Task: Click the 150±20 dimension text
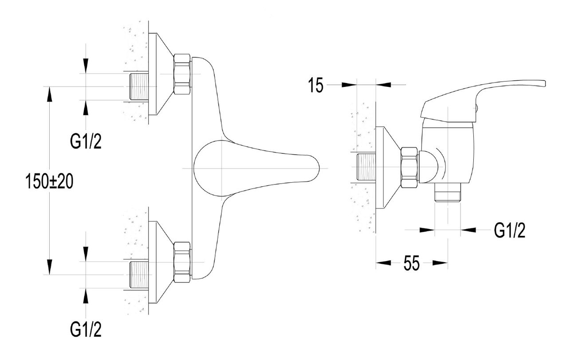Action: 49,181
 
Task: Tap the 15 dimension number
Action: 316,85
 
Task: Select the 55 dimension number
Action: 412,263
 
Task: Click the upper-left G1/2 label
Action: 86,141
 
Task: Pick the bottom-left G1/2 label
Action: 86,329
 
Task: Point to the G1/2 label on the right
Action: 510,230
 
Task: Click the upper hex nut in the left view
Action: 182,74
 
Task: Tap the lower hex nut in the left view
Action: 182,262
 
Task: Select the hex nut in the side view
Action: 409,167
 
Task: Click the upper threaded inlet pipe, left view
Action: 139,86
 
